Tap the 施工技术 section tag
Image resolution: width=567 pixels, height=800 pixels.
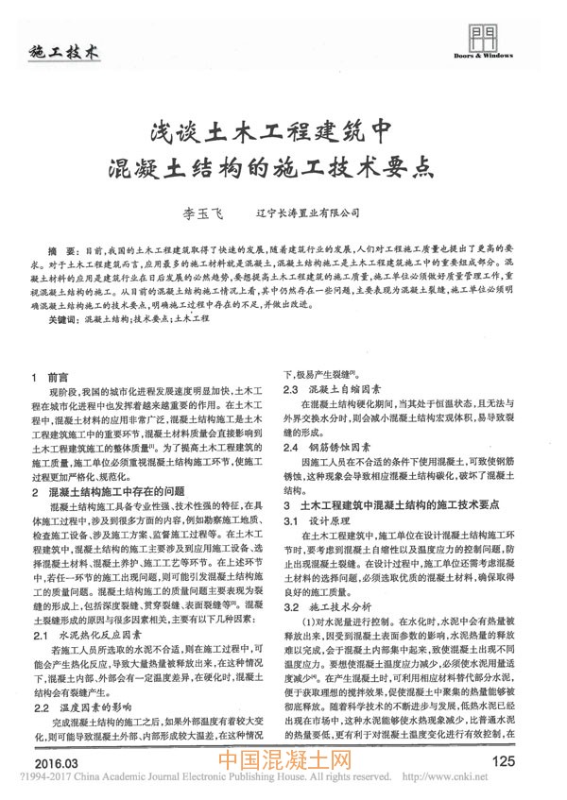click(64, 52)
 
